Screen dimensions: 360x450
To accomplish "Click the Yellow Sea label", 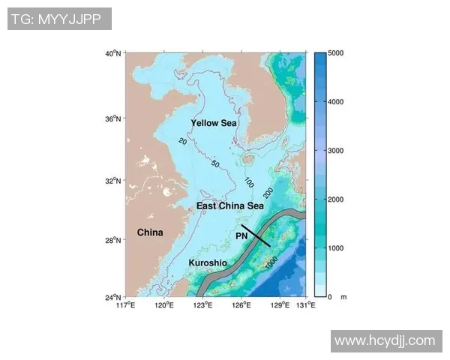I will [x=213, y=123].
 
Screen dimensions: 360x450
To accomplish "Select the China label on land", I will [x=150, y=232].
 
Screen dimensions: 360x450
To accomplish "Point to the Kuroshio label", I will [x=208, y=262].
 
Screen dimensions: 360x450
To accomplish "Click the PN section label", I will [x=241, y=235].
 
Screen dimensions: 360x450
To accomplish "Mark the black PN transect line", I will [x=256, y=235].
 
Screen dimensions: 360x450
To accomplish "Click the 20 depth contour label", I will [x=183, y=141].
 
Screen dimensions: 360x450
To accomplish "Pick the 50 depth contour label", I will [x=215, y=163].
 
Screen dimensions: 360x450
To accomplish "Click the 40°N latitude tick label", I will [x=113, y=54].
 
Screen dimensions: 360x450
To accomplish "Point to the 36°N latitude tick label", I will [x=113, y=119].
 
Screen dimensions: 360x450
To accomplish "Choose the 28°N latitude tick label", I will [x=113, y=241].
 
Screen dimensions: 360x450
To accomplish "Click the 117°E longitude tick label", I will [x=126, y=305].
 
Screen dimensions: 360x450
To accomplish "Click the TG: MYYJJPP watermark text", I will [x=59, y=19].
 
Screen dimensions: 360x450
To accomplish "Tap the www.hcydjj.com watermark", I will [x=385, y=340].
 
